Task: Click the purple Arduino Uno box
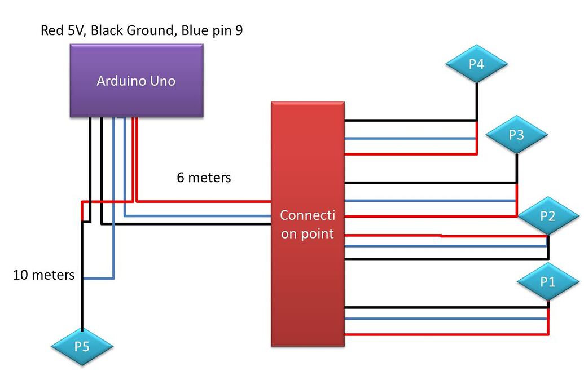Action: click(x=136, y=81)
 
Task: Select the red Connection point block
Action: click(x=308, y=224)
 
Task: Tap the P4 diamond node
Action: click(x=476, y=64)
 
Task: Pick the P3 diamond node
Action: click(x=516, y=135)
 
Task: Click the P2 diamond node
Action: click(x=548, y=216)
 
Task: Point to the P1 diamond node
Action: click(x=548, y=281)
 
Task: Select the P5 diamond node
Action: click(x=82, y=346)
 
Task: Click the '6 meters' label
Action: click(x=204, y=178)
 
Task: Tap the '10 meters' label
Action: click(x=44, y=275)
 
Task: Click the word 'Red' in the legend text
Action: click(x=51, y=30)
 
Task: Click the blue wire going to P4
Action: click(x=409, y=138)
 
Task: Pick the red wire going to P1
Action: click(x=446, y=334)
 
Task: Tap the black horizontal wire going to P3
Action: click(x=429, y=183)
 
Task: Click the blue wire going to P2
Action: click(x=446, y=246)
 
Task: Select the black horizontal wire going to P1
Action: click(x=446, y=307)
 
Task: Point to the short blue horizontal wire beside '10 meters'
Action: click(x=98, y=278)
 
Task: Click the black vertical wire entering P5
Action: click(x=82, y=304)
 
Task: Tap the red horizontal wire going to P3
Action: click(x=429, y=216)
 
